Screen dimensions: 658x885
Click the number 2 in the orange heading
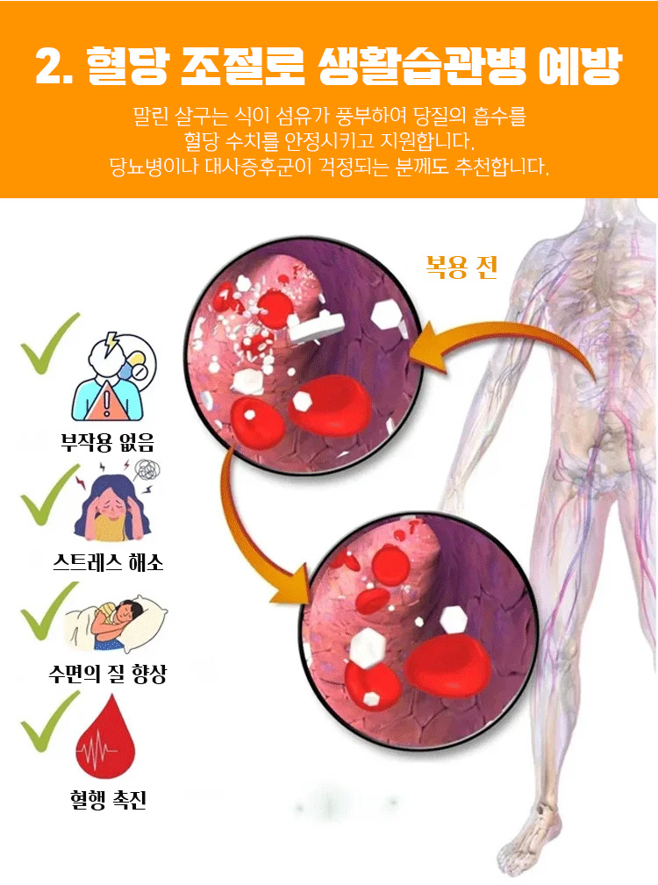(x=51, y=66)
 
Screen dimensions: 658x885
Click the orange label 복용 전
(x=461, y=267)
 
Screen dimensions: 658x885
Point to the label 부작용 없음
(x=107, y=441)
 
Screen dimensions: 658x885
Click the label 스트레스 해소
(x=108, y=562)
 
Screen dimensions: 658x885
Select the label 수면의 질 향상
(x=107, y=674)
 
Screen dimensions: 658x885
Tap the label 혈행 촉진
(x=108, y=799)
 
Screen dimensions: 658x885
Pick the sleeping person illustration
(x=116, y=623)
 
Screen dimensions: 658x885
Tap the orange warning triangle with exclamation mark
(x=105, y=402)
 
